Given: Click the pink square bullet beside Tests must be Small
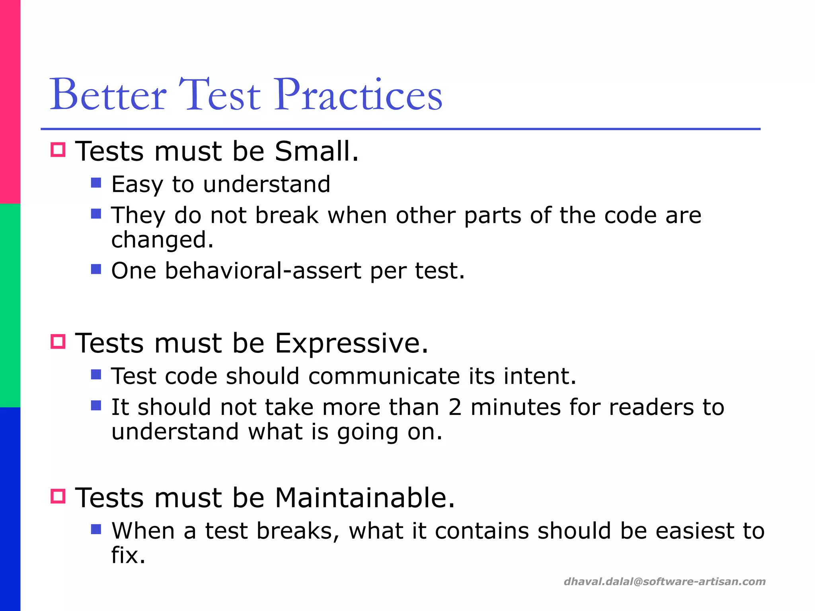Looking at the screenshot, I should click(58, 150).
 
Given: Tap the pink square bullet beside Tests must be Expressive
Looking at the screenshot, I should click(58, 342).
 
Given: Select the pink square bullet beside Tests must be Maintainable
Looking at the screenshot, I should click(58, 496).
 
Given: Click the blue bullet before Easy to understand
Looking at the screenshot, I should click(96, 183).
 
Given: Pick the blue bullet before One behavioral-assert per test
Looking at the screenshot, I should click(96, 270).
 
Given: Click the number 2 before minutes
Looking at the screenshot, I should click(455, 407).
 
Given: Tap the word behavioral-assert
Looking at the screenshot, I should click(263, 271).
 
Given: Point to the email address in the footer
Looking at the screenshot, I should click(665, 582).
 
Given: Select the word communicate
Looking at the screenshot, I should click(384, 376).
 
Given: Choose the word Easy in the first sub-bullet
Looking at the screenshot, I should click(137, 185).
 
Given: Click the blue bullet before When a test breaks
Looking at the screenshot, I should click(96, 529).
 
